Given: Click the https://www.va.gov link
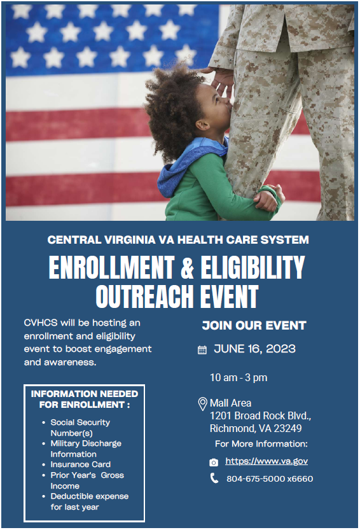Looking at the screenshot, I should click(x=267, y=461).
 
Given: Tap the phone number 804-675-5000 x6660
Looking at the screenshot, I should click(x=270, y=478).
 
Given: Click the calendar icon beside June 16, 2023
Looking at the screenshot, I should click(x=202, y=349).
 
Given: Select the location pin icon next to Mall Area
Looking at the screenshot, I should click(x=202, y=403).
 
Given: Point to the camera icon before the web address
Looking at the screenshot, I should click(x=214, y=462).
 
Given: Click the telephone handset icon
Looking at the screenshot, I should click(x=214, y=478).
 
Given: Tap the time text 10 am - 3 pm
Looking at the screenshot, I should click(x=239, y=377).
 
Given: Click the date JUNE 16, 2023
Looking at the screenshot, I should click(x=254, y=349).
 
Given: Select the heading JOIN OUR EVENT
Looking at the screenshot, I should click(x=254, y=326).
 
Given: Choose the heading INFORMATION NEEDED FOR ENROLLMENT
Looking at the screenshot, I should click(x=85, y=399).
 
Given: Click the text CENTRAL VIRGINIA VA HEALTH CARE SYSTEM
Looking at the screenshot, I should click(x=178, y=240).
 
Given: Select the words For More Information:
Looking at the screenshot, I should click(x=261, y=443).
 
